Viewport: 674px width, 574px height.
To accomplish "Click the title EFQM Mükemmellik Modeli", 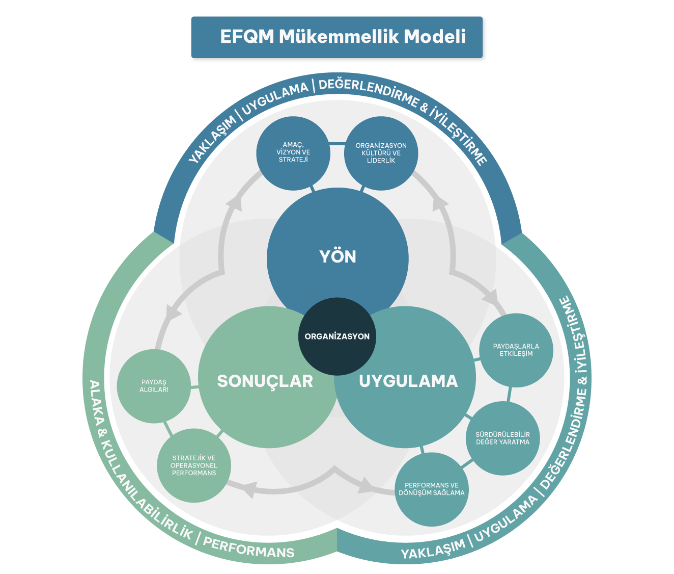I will (x=343, y=37).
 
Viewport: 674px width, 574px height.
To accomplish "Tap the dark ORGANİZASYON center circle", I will (x=337, y=336).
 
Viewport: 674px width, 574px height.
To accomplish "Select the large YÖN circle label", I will (x=338, y=256).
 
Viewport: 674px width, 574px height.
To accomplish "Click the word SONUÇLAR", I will (x=265, y=381).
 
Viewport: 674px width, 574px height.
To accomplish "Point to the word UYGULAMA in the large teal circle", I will (x=408, y=381).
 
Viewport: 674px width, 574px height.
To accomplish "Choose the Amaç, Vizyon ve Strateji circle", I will (x=293, y=152).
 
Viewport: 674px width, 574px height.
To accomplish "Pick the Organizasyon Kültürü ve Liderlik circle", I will (x=381, y=153).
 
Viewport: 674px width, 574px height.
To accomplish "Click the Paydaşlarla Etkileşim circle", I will (x=516, y=350).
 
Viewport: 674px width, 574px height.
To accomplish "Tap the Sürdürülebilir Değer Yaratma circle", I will (x=503, y=438).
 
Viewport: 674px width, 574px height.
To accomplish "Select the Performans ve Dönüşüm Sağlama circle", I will (x=432, y=489).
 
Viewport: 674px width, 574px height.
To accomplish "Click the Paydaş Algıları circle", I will (x=154, y=386).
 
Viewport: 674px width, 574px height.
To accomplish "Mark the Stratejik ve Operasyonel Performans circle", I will (x=194, y=465).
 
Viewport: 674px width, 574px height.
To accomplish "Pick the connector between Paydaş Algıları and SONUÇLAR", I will (x=194, y=389).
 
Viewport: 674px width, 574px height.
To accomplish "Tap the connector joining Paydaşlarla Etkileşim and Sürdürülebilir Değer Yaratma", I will (x=510, y=394).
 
